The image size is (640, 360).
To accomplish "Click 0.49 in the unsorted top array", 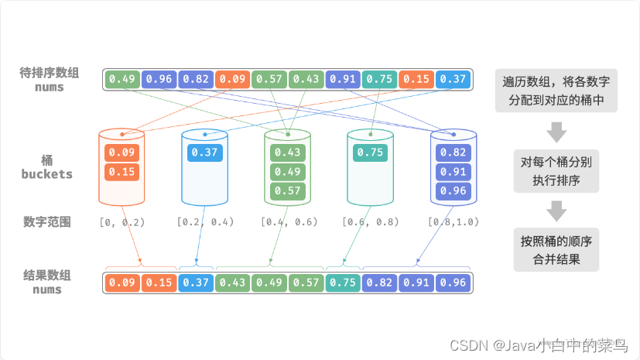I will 121,79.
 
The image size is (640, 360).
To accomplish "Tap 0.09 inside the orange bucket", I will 121,153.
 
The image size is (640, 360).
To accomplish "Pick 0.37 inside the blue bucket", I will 204,153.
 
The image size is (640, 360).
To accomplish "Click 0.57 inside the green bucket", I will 287,190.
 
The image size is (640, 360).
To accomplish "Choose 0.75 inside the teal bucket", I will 370,153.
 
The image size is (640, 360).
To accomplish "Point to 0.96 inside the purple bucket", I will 453,190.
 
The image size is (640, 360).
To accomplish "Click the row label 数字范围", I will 47,222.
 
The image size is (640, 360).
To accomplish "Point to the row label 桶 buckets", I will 47,167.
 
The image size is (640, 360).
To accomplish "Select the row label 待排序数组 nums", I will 47,80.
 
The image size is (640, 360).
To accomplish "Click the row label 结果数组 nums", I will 47,282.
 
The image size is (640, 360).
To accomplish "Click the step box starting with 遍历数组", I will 556,90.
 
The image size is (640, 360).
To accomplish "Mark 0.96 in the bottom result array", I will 453,283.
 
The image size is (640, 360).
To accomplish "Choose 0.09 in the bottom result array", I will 121,283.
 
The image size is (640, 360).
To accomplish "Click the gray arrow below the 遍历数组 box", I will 556,132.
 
